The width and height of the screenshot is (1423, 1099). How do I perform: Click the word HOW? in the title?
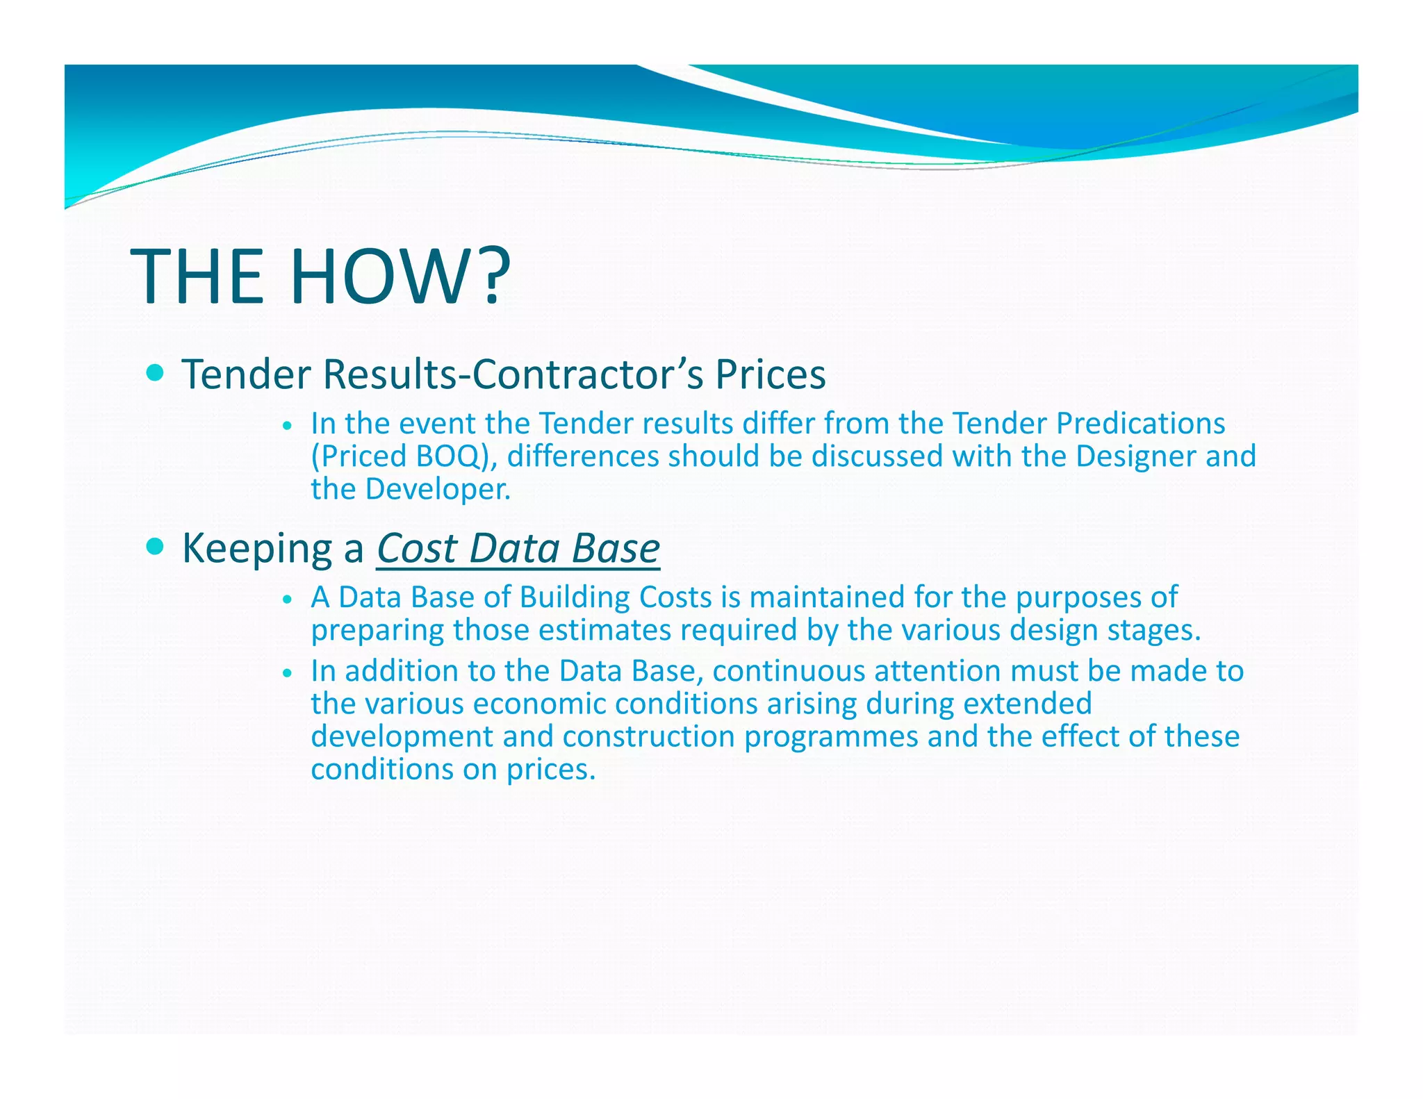point(400,276)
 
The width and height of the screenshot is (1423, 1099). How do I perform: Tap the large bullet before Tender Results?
point(156,373)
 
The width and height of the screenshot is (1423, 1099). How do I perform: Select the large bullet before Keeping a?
point(156,547)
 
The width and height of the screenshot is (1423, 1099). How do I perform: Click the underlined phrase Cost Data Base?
point(518,549)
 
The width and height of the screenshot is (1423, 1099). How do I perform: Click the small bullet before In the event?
point(286,426)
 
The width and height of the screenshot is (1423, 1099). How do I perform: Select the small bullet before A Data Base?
point(286,600)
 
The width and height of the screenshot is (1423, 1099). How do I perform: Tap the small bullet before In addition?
point(286,673)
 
